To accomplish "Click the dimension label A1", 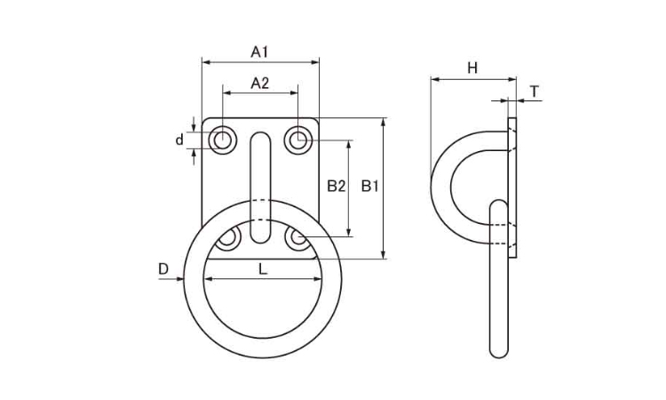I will tap(259, 52).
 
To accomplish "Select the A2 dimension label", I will tap(259, 83).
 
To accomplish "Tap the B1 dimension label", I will tap(371, 187).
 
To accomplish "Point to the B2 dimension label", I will tap(336, 187).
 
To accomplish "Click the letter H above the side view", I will tap(472, 68).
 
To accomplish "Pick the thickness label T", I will tap(534, 92).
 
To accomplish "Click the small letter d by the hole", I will tap(179, 140).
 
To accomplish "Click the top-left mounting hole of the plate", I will tap(221, 140).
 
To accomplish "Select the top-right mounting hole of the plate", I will tap(299, 140).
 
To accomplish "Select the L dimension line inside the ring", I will tap(262, 280).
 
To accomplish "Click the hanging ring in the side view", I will tap(500, 284).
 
